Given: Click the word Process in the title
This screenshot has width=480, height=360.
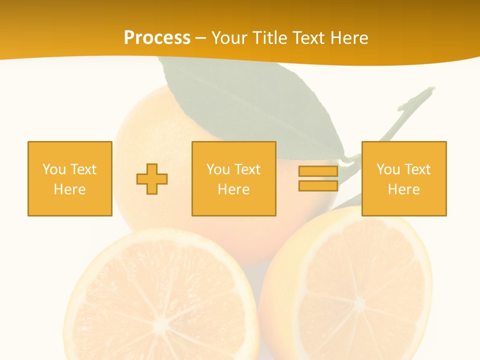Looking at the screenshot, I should [157, 38].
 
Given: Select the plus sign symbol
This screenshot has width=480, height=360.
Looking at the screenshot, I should [152, 179].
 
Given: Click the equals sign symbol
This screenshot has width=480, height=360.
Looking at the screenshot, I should [318, 178].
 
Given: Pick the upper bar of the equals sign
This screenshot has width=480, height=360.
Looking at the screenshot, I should [318, 171].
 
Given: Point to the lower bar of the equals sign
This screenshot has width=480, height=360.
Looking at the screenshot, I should [318, 185].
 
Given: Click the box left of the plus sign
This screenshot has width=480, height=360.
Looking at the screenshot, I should [70, 178].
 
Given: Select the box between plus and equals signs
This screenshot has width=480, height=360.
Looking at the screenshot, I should [234, 178].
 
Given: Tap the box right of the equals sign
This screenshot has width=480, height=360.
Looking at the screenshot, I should [404, 178].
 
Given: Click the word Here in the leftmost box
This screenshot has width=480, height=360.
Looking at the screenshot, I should [69, 189].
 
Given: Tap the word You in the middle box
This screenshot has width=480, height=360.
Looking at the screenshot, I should [218, 169].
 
